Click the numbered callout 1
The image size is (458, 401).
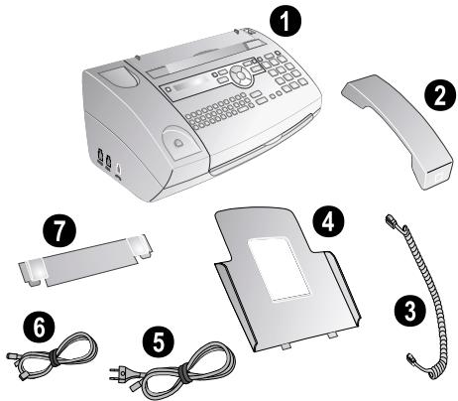(x=286, y=22)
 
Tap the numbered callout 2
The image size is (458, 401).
(x=439, y=96)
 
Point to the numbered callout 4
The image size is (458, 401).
(x=328, y=222)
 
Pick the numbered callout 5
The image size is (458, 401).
(x=159, y=343)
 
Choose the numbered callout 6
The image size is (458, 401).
(x=40, y=328)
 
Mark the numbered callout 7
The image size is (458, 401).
(x=59, y=230)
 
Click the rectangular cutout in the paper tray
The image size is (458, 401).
(x=280, y=270)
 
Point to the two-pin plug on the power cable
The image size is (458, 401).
(x=119, y=373)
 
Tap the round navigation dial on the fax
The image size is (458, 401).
(x=241, y=74)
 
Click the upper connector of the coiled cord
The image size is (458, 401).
(x=394, y=221)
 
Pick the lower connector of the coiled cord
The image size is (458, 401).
(x=410, y=359)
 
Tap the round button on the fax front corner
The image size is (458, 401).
(x=177, y=143)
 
